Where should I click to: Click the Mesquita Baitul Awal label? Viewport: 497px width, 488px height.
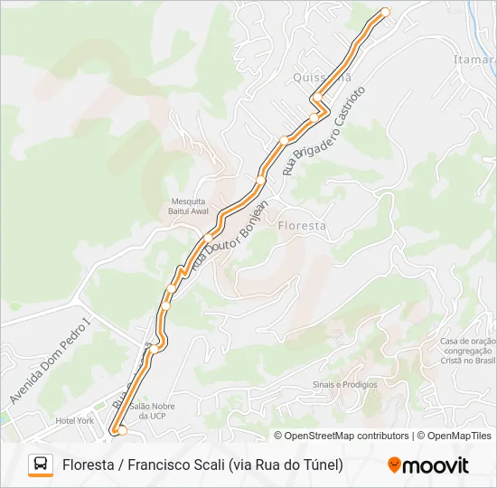188,206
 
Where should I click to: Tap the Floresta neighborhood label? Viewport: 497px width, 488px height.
303,225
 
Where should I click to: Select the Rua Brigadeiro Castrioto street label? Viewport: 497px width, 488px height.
324,131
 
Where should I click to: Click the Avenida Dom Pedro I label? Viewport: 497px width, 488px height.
51,360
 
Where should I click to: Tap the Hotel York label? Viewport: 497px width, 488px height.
74,420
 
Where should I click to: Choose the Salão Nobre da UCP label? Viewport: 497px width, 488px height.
152,411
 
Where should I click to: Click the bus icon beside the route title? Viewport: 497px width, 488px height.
41,465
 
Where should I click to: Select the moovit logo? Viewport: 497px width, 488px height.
428,465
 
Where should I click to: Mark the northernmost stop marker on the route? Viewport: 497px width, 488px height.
385,12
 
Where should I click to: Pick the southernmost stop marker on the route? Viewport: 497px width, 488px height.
122,430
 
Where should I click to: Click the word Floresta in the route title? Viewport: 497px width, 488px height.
89,465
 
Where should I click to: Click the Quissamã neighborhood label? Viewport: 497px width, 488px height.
322,79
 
